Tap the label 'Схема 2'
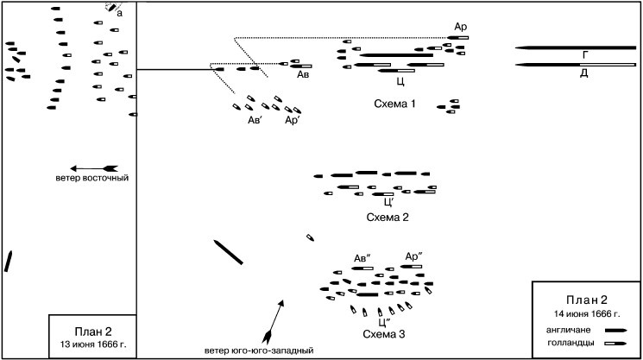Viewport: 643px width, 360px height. pyautogui.click(x=388, y=217)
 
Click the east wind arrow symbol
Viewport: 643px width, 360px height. pyautogui.click(x=93, y=167)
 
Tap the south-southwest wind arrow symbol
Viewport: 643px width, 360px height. pyautogui.click(x=273, y=320)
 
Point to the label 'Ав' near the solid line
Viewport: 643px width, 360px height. pyautogui.click(x=303, y=76)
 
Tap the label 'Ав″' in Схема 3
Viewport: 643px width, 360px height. pyautogui.click(x=362, y=257)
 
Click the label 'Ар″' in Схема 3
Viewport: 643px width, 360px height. pyautogui.click(x=413, y=256)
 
